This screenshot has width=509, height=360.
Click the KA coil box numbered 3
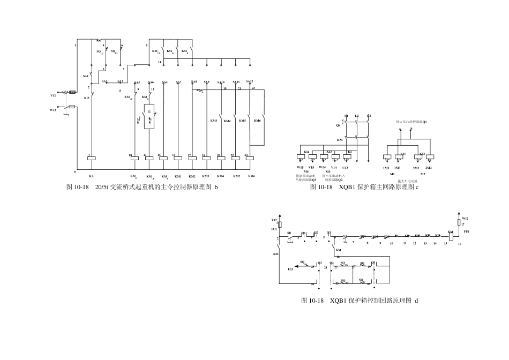[x=92, y=158]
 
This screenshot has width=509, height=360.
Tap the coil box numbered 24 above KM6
[x=250, y=158]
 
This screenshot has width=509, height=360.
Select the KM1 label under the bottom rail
[x=178, y=176]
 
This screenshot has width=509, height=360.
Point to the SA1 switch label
[x=86, y=77]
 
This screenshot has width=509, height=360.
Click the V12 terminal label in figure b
[x=53, y=95]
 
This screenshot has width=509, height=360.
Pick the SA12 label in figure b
[x=249, y=81]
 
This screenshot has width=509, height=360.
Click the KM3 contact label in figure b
[x=214, y=121]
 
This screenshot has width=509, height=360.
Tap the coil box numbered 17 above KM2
[x=192, y=158]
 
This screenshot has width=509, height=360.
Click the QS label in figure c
[x=338, y=125]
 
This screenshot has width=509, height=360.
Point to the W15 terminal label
[x=301, y=168]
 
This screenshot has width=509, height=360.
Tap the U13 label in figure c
[x=345, y=168]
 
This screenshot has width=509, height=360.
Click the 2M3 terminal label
[x=429, y=168]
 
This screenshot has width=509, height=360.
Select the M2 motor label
[x=423, y=174]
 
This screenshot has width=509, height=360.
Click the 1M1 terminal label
[x=386, y=168]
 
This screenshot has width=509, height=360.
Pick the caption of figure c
[x=364, y=187]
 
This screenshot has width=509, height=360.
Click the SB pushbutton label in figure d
[x=289, y=233]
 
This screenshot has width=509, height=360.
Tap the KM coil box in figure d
[x=451, y=236]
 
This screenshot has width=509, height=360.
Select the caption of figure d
[x=360, y=301]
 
